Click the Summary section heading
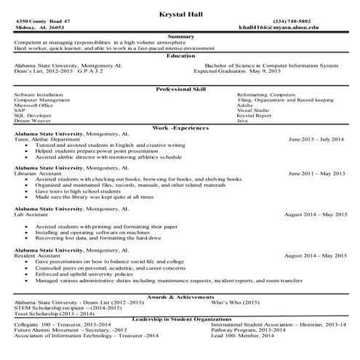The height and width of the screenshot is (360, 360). point(180,36)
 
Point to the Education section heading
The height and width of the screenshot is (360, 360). point(180,55)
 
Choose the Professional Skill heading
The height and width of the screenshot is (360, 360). point(180,89)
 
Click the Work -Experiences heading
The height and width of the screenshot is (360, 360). point(180,127)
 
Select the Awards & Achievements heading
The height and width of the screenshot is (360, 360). point(180,297)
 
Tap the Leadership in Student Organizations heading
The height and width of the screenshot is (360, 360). point(180,319)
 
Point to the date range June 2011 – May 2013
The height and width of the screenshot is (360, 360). point(317,174)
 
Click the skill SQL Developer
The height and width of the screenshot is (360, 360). point(33,115)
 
